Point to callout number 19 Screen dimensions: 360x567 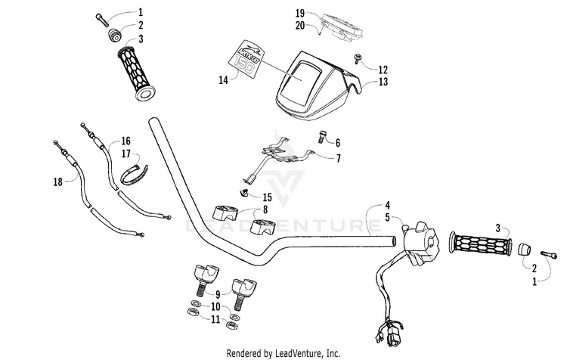[300, 14]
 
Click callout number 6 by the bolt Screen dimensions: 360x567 [337, 142]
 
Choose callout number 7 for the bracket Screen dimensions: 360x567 [337, 158]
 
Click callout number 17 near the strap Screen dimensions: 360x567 [125, 154]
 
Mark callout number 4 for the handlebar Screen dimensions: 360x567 [386, 204]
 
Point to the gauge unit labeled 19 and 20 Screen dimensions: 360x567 [341, 23]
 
